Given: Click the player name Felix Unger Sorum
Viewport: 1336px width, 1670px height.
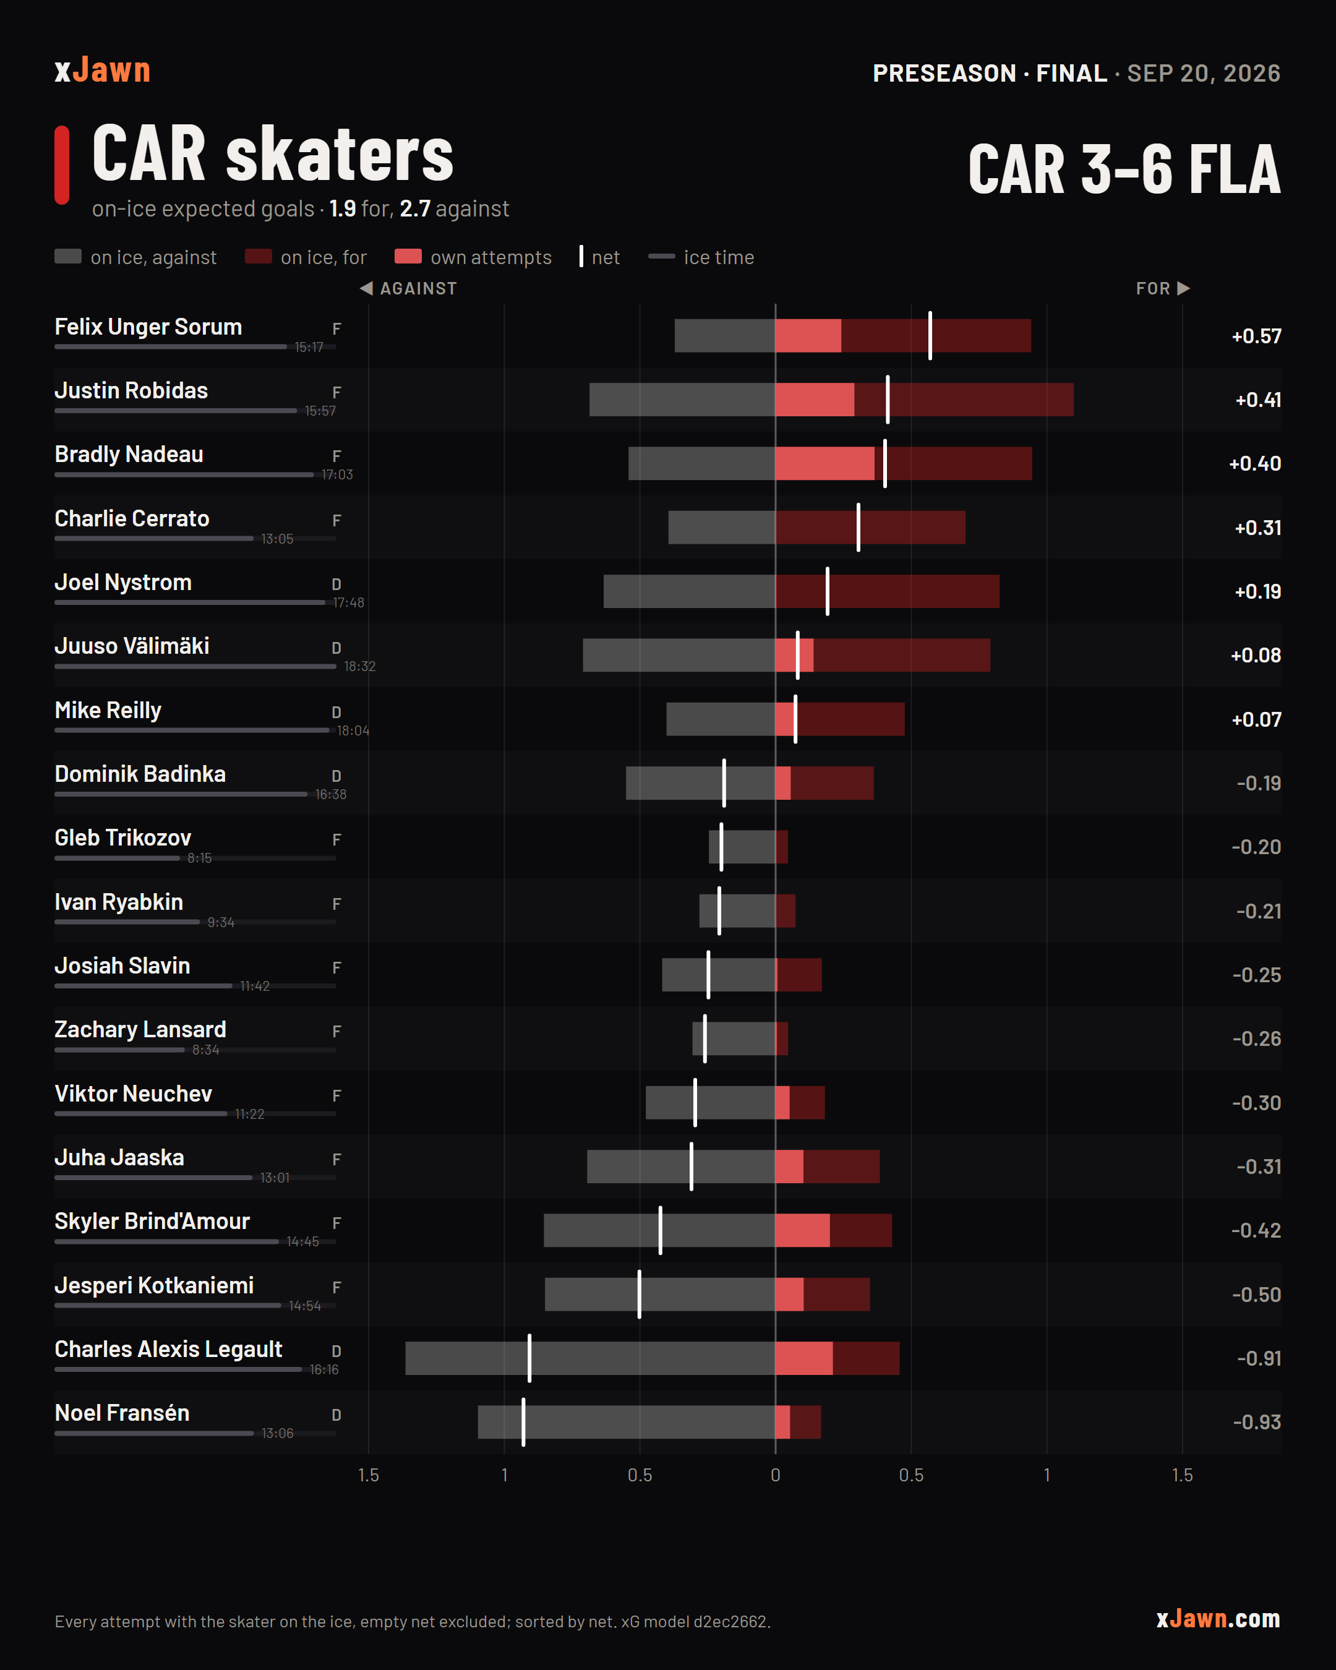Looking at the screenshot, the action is click(148, 327).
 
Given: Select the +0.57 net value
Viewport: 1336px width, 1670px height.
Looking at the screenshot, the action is click(1256, 336).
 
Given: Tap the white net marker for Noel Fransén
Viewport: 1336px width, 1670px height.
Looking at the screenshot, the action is click(523, 1422).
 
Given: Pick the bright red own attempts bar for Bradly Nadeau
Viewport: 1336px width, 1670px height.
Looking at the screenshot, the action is click(825, 463).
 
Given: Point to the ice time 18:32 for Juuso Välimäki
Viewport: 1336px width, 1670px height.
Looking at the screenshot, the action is click(359, 666).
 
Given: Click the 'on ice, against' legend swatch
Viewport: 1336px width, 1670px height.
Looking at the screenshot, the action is click(68, 257).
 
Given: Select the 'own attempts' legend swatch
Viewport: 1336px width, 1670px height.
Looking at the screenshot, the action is click(408, 257).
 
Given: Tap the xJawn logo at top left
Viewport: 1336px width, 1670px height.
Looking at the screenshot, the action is click(102, 71).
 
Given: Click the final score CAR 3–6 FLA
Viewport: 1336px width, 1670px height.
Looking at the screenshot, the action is click(1124, 169).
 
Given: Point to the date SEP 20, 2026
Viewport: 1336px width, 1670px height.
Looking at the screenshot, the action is click(1204, 73).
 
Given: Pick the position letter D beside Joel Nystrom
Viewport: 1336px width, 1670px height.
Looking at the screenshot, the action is click(336, 584).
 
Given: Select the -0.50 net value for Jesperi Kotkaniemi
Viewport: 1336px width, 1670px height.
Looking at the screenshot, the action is click(1256, 1295).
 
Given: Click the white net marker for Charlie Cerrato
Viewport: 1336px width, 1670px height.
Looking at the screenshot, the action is click(858, 528).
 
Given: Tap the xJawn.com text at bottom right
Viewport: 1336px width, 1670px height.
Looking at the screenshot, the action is click(1218, 1618).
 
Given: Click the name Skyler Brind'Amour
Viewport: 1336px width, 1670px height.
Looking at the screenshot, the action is click(152, 1222).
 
